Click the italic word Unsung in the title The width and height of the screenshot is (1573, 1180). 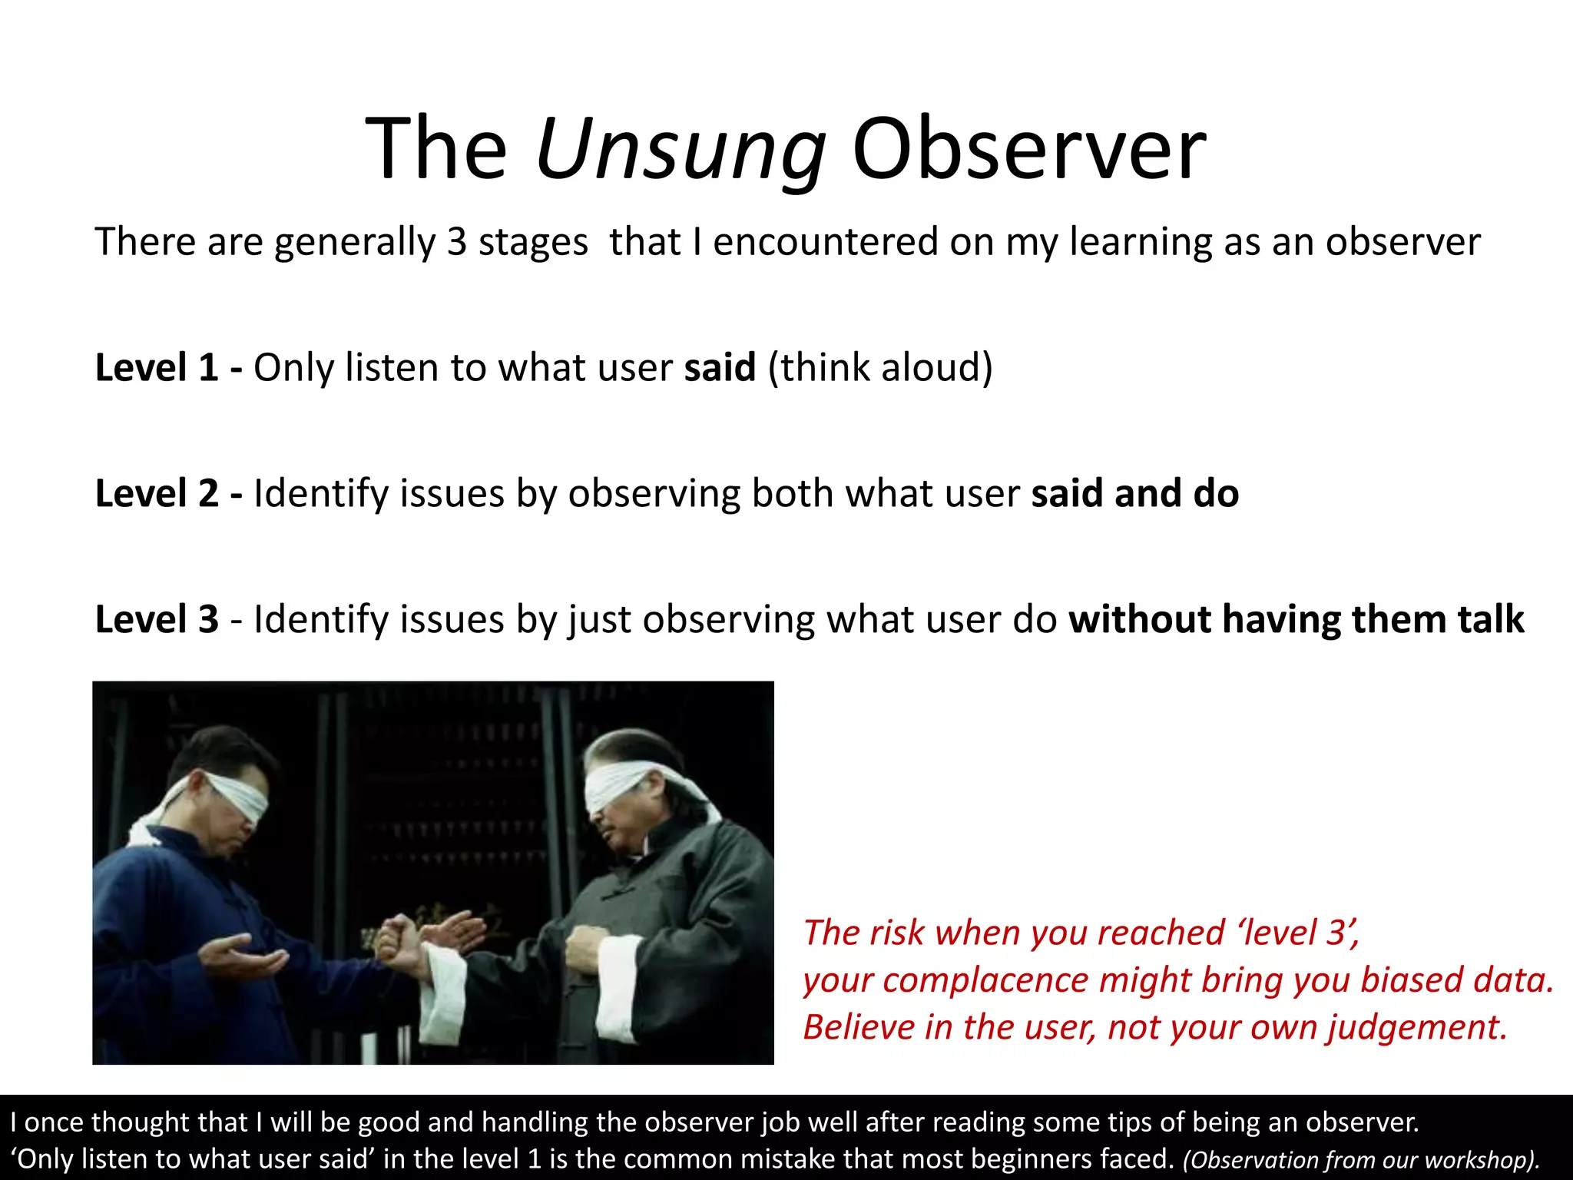(x=681, y=150)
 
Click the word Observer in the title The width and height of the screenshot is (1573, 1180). (x=1029, y=150)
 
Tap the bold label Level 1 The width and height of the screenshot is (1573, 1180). (x=157, y=367)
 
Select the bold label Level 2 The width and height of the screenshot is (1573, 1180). (x=157, y=493)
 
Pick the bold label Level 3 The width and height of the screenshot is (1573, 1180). (x=157, y=619)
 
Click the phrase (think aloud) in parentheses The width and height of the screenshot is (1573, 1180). (x=880, y=367)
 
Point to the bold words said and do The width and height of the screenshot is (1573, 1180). (x=1134, y=493)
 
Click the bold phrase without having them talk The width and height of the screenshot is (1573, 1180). (x=1296, y=619)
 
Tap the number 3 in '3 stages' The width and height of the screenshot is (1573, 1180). (x=457, y=242)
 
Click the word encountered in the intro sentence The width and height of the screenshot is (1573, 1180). (x=826, y=242)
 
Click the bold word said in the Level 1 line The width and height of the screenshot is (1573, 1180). (x=720, y=367)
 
